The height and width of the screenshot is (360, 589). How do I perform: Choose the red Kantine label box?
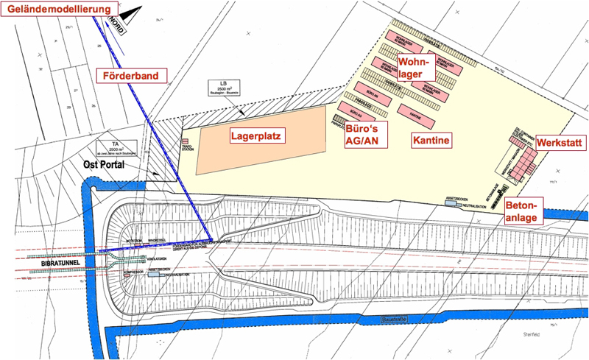click(x=431, y=139)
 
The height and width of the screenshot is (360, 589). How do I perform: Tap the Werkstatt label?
click(x=562, y=141)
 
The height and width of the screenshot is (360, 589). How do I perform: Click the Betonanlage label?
click(x=523, y=210)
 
